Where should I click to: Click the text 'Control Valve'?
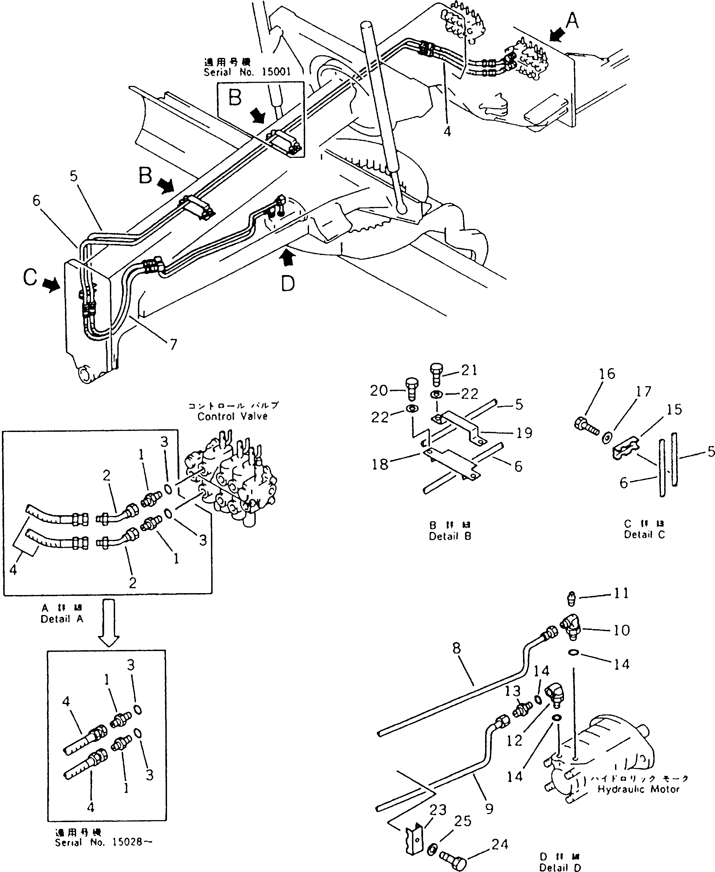tap(232, 416)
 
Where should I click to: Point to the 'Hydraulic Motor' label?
tap(638, 789)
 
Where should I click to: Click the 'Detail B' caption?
tap(450, 537)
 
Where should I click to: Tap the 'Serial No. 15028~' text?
tap(104, 842)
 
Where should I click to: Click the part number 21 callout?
tap(469, 370)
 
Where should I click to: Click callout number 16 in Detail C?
tap(607, 374)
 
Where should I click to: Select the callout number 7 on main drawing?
tap(173, 344)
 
